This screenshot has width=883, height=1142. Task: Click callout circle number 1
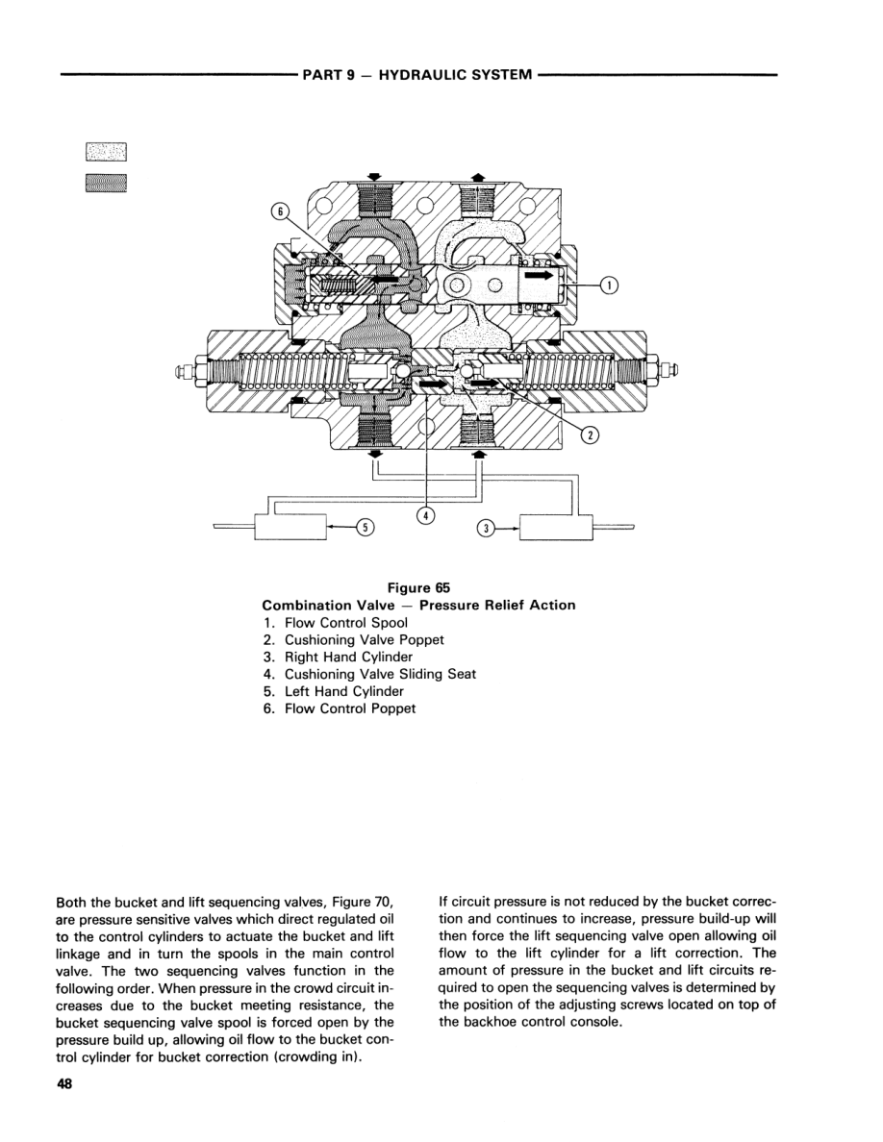click(x=610, y=284)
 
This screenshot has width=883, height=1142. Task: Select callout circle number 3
click(x=487, y=528)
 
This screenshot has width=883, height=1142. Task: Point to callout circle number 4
click(x=426, y=516)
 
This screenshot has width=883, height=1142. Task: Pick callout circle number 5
click(x=364, y=527)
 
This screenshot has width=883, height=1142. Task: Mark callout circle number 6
click(x=278, y=214)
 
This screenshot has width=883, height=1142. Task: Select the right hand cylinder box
click(x=553, y=528)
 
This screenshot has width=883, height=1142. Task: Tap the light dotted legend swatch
click(x=106, y=152)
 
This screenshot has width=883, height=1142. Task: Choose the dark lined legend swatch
click(x=106, y=183)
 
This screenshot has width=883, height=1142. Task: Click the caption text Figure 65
click(x=418, y=587)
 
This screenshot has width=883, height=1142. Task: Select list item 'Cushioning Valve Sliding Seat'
click(x=379, y=674)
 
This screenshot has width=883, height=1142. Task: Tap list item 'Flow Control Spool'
click(x=345, y=622)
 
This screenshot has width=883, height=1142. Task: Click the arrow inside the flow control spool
click(x=541, y=274)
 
